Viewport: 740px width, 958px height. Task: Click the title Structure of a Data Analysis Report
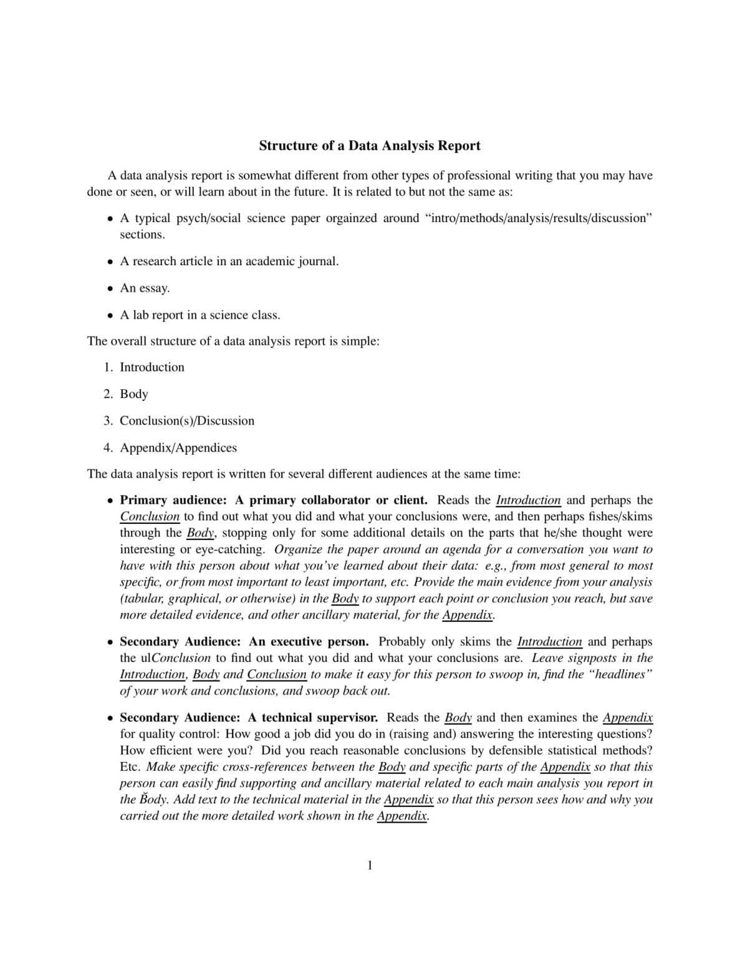pyautogui.click(x=370, y=146)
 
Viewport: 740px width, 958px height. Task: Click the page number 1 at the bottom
pyautogui.click(x=370, y=865)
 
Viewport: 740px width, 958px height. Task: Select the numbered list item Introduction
pyautogui.click(x=152, y=367)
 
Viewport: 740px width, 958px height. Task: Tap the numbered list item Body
pyautogui.click(x=134, y=394)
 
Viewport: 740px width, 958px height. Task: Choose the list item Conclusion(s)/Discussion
pyautogui.click(x=187, y=421)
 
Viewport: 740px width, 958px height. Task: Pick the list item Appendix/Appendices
pyautogui.click(x=178, y=448)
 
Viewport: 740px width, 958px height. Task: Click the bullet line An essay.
pyautogui.click(x=145, y=288)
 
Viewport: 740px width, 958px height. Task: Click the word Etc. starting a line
pyautogui.click(x=130, y=767)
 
